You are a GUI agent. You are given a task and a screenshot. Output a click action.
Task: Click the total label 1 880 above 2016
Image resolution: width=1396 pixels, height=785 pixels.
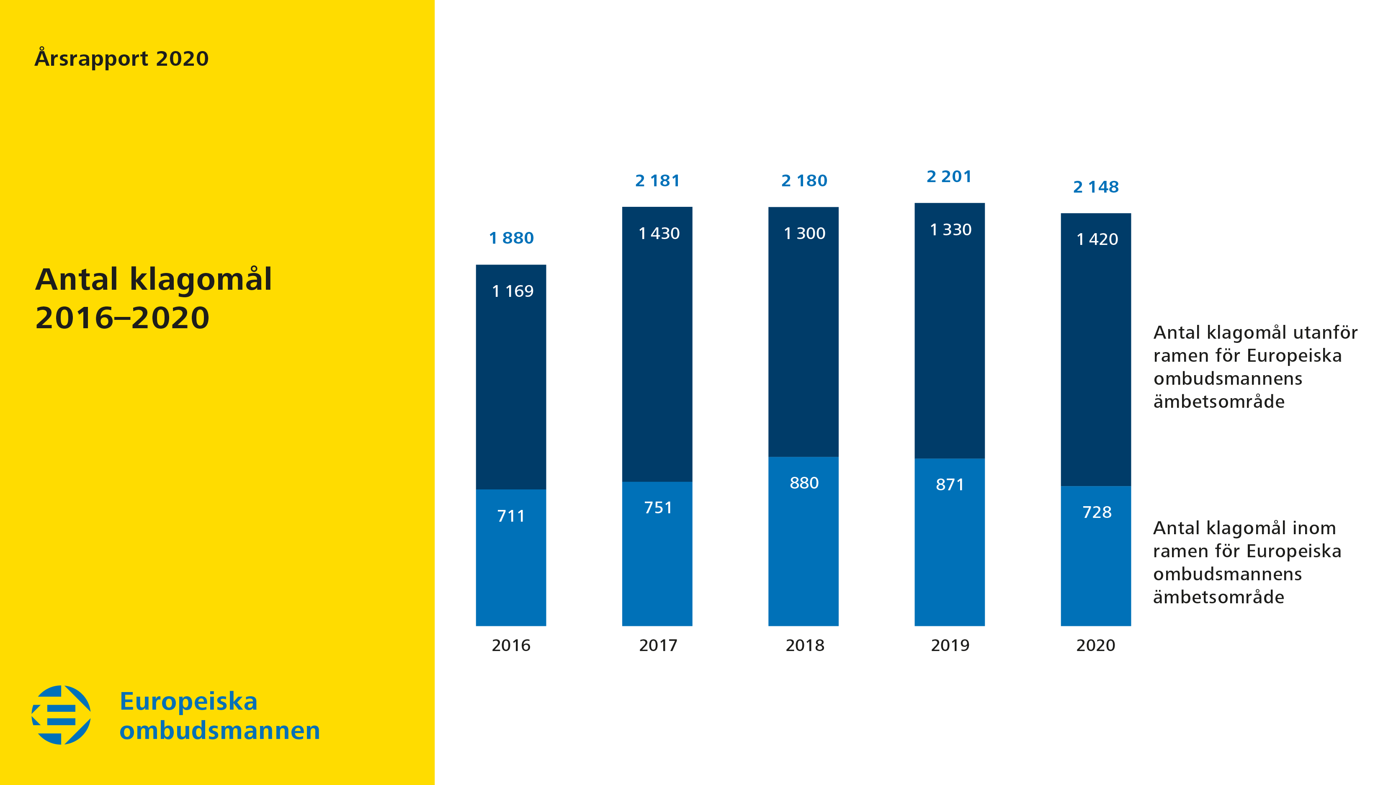click(x=511, y=238)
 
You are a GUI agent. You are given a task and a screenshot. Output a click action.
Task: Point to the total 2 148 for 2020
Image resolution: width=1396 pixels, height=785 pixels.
click(x=1096, y=187)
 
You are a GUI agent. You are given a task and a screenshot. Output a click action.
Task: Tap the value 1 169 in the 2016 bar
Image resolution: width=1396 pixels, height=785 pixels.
click(x=512, y=291)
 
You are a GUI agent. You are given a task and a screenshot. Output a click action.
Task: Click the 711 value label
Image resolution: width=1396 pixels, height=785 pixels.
click(x=511, y=516)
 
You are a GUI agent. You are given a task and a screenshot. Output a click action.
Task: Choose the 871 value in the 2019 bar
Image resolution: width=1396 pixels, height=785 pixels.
click(x=950, y=484)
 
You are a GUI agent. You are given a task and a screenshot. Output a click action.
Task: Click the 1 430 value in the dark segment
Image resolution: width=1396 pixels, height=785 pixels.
click(x=659, y=234)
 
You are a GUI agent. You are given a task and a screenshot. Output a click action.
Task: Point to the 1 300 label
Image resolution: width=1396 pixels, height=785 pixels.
click(x=804, y=234)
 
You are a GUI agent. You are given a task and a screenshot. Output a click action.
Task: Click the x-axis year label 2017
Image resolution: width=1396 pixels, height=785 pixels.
click(x=658, y=645)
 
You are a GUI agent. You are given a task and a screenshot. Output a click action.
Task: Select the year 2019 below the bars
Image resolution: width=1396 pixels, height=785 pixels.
click(x=950, y=645)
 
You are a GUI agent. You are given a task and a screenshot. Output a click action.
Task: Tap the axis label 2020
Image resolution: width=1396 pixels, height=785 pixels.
click(x=1095, y=645)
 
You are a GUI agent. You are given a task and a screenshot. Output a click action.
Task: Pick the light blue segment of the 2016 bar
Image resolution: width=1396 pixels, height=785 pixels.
click(x=511, y=574)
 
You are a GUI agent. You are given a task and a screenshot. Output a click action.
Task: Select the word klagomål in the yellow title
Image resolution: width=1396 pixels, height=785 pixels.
click(x=201, y=280)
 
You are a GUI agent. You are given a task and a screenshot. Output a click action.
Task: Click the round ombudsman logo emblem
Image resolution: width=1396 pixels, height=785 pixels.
click(x=61, y=715)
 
